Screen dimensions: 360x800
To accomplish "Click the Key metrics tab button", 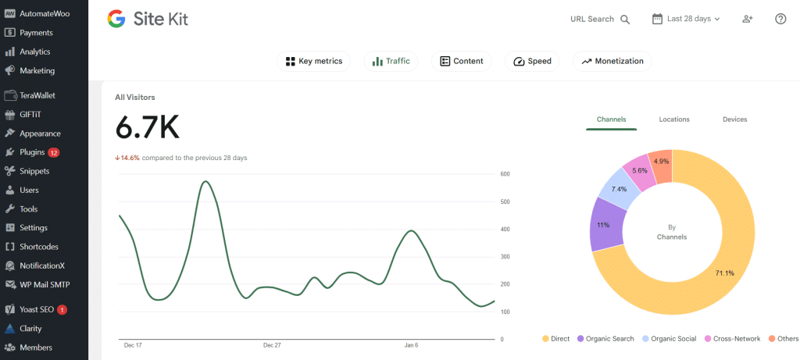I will tap(313, 61).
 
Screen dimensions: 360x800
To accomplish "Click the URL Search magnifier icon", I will tap(625, 20).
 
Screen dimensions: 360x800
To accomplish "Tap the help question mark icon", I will tap(780, 19).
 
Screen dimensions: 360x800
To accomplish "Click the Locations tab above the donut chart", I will tap(674, 119).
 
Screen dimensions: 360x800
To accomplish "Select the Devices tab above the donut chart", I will tap(734, 119).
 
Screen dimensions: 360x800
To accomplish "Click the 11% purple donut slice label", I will tap(603, 225).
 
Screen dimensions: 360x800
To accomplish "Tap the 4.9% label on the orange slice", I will tap(661, 162).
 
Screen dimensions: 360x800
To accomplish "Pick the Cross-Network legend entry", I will tap(734, 339).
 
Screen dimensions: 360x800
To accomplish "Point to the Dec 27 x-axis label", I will tap(272, 344).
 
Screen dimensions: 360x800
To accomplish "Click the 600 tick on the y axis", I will tap(505, 174).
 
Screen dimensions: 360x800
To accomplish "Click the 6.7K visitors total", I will tap(148, 127).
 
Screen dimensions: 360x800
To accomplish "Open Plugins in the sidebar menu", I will tap(32, 152).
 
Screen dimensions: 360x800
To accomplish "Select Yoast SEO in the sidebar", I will tap(36, 309).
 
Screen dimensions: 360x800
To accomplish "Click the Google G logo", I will tap(116, 19).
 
